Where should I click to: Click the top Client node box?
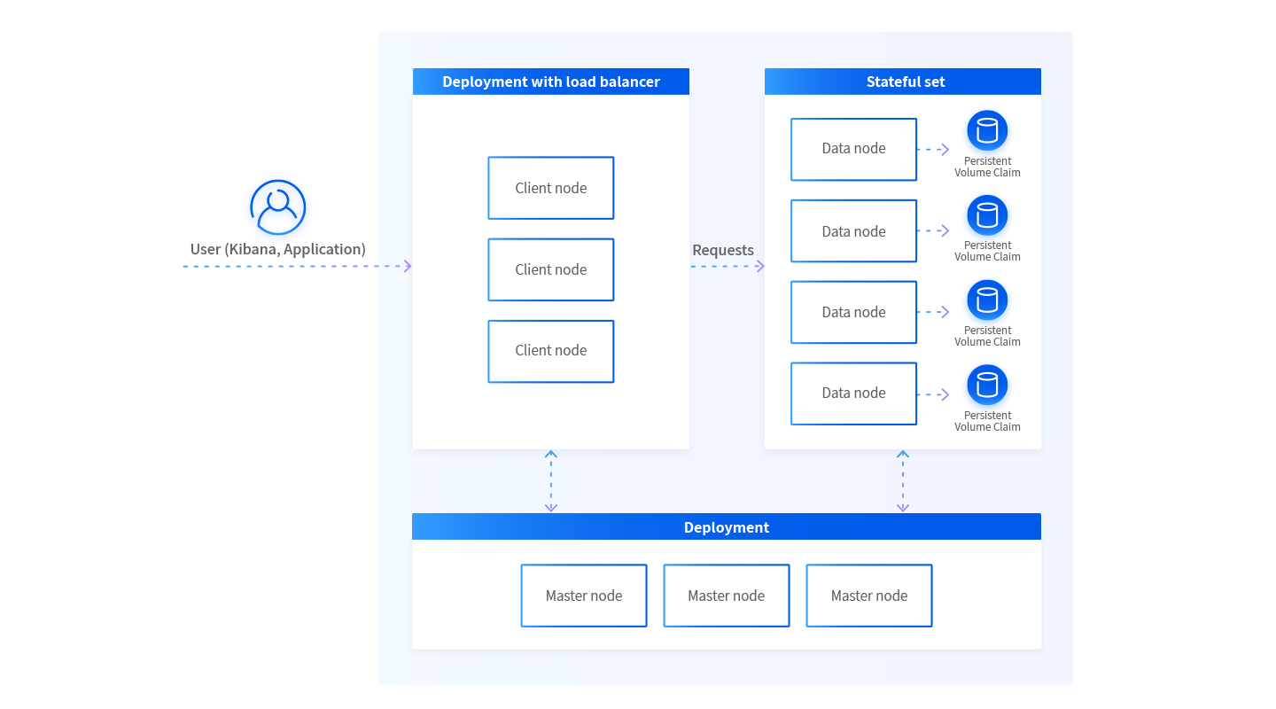[x=550, y=188]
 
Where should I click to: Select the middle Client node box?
[x=550, y=269]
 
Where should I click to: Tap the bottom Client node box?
[x=550, y=351]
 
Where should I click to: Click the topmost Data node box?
[x=853, y=149]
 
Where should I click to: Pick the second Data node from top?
[x=853, y=230]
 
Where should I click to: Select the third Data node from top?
[x=853, y=312]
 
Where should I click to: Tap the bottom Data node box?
[x=853, y=393]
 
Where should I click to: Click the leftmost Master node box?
[x=584, y=596]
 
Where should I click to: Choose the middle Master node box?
[x=727, y=596]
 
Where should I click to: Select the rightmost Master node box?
[x=869, y=596]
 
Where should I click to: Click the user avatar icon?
[x=278, y=208]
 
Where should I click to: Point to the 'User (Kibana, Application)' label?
[x=277, y=249]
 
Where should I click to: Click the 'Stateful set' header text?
[x=906, y=82]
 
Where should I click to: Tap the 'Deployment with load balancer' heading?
[x=551, y=82]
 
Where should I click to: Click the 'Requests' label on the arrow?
[x=722, y=250]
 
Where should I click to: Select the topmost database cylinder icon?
[x=987, y=131]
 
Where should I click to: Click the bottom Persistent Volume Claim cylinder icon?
[x=987, y=386]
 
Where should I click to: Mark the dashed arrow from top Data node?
[x=932, y=149]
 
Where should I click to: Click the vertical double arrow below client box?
[x=551, y=481]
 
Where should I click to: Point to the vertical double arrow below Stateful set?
[x=903, y=481]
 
